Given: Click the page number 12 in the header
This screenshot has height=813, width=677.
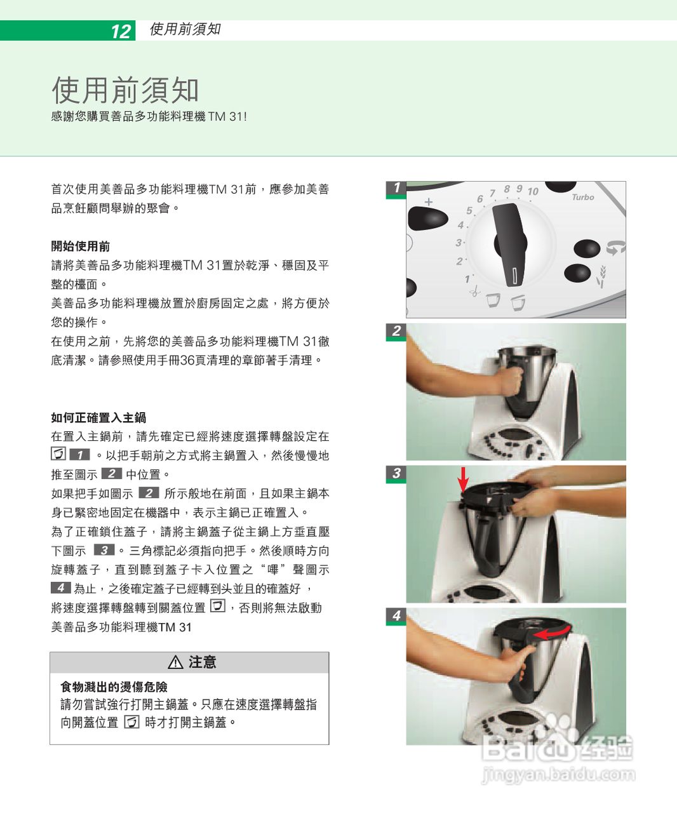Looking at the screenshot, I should (x=121, y=31).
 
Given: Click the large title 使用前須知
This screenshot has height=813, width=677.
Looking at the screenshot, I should (x=125, y=90).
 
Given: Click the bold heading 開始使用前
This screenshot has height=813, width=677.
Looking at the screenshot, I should (x=81, y=246).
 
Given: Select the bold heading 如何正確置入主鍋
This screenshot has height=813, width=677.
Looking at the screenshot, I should (x=98, y=417).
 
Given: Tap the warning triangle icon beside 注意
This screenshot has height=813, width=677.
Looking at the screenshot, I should (x=176, y=662).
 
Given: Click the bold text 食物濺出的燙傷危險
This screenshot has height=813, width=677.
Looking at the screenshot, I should (x=114, y=687).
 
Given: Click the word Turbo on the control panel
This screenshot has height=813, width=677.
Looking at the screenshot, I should (x=582, y=198).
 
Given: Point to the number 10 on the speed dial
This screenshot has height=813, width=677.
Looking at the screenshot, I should (x=532, y=191).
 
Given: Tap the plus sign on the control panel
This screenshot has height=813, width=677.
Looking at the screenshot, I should (x=429, y=202).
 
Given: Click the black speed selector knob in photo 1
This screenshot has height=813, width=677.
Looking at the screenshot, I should (x=511, y=243).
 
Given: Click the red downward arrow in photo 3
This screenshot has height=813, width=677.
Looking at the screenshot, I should (x=464, y=479).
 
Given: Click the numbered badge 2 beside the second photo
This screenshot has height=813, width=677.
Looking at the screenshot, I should (x=396, y=331).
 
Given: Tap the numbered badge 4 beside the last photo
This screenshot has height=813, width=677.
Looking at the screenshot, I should (x=396, y=615).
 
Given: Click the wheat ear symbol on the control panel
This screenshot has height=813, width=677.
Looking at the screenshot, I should (x=603, y=273).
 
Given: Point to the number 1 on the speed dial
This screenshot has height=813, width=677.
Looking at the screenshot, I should (x=467, y=279).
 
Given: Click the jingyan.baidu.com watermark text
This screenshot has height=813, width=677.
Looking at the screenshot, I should (x=558, y=774).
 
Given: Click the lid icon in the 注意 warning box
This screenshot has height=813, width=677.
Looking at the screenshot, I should (x=131, y=722).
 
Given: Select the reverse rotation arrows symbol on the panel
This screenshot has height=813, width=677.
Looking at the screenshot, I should (x=615, y=248).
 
